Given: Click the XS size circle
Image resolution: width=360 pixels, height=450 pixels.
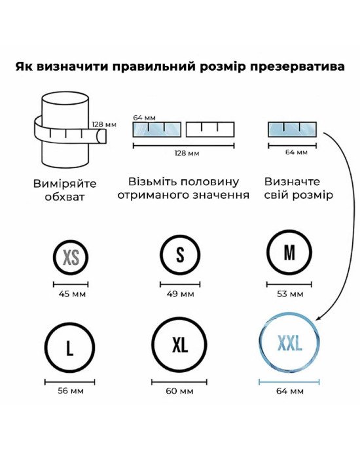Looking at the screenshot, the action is (54, 257).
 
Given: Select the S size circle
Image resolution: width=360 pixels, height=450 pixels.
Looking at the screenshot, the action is (161, 255).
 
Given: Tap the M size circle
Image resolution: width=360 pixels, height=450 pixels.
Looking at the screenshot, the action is (268, 252).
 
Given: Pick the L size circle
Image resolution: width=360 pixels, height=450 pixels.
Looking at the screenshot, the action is (46, 347).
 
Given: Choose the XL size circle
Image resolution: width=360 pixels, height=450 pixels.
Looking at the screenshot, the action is (153, 345).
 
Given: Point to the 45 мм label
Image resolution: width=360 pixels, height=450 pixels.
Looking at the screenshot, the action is (72, 294).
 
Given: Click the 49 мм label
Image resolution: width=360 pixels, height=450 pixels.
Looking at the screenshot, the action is (180, 294).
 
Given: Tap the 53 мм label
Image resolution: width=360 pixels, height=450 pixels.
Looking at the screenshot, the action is (289, 294).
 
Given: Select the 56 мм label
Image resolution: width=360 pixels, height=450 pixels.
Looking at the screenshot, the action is (71, 391).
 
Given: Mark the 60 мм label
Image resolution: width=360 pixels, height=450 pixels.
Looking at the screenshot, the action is (179, 391).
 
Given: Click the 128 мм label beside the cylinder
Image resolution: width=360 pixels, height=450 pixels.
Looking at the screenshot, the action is (104, 124).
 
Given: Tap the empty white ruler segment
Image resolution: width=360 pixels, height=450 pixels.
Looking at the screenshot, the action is (210, 130).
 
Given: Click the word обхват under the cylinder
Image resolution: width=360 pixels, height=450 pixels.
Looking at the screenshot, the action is (65, 197).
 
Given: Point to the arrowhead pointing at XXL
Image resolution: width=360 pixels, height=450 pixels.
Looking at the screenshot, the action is (318, 318).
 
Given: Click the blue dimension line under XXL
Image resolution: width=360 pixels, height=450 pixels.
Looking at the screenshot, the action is (289, 382).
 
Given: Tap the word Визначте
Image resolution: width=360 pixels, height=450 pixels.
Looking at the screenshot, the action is (292, 182).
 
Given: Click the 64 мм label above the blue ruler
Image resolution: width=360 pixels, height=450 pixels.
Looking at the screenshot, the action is (144, 118).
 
